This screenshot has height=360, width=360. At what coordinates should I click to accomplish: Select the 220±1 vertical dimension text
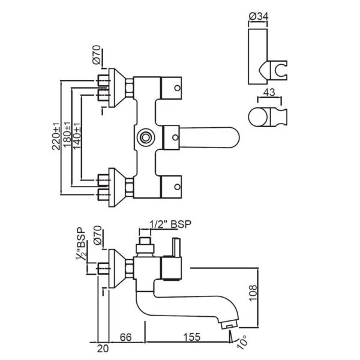(56, 135)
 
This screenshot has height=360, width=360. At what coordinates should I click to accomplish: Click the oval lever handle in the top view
(213, 136)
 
